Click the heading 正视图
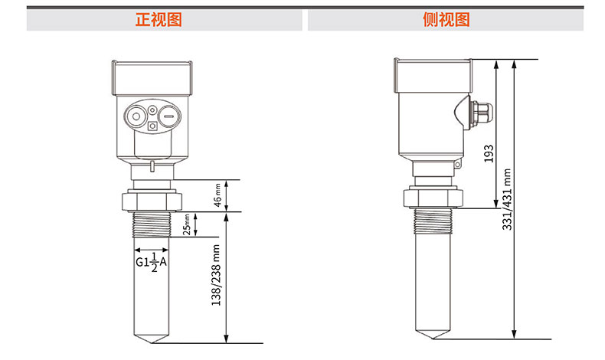[159, 20]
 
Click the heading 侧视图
[446, 20]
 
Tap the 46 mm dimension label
[217, 195]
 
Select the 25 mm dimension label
[187, 224]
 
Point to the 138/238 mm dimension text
[216, 275]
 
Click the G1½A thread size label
[152, 262]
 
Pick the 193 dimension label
[489, 153]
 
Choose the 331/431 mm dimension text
[507, 199]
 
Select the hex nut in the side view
[433, 198]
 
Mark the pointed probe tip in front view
[152, 339]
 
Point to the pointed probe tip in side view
[433, 335]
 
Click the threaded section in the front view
[152, 224]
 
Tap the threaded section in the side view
[433, 221]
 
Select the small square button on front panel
[153, 126]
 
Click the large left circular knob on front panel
[136, 116]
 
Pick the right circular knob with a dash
[169, 116]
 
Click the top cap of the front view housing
[152, 78]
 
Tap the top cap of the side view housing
[433, 76]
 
